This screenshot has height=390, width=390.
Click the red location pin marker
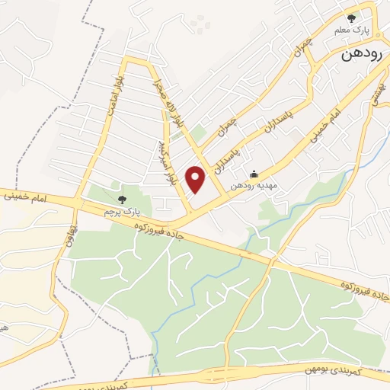click(196, 179)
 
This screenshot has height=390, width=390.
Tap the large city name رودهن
click(362, 56)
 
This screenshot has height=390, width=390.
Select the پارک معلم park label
click(351, 30)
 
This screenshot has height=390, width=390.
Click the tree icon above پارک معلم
click(352, 17)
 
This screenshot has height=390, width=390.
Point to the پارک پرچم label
click(119, 210)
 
